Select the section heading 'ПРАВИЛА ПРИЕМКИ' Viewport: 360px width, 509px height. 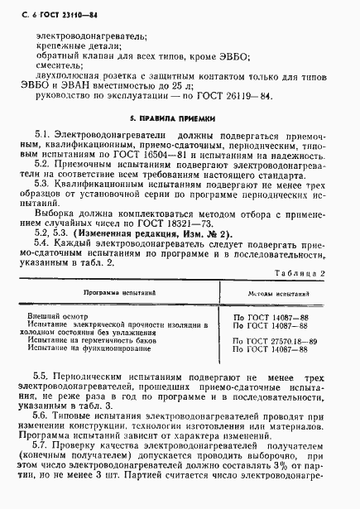coord(183,117)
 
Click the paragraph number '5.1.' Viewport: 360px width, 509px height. coord(42,133)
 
